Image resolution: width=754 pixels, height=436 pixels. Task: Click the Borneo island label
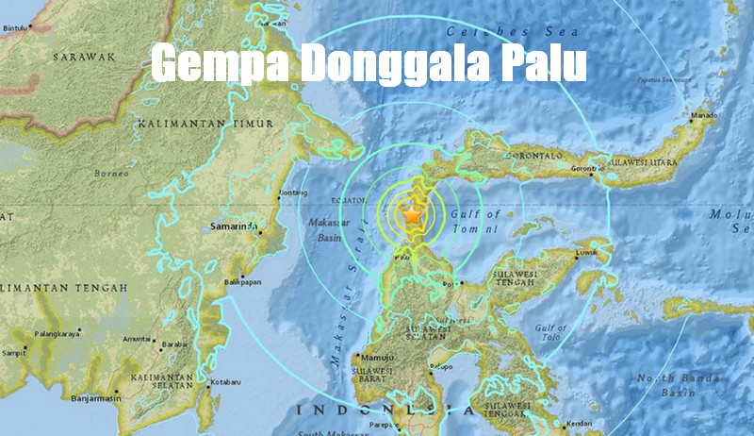tap(111, 174)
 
